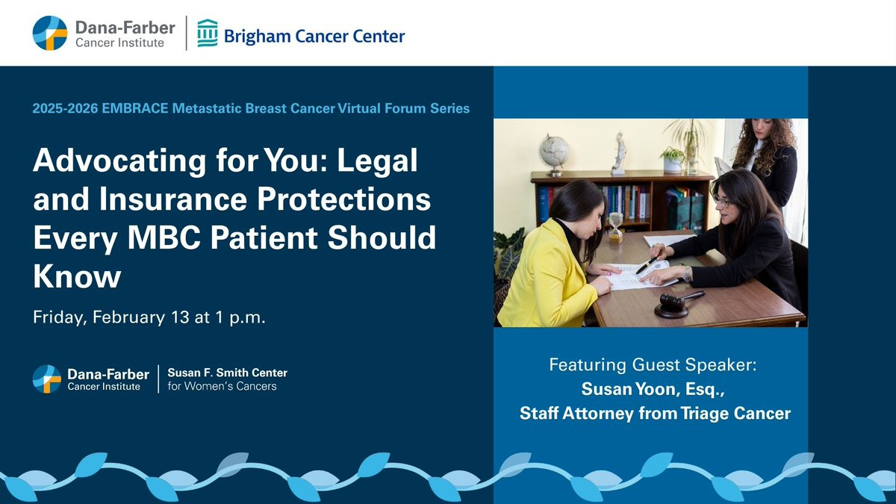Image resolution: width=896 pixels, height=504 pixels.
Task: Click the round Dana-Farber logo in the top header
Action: point(50,33)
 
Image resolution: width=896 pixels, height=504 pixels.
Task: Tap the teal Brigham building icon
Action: point(208,33)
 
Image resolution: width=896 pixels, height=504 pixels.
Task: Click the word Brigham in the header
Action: point(257,37)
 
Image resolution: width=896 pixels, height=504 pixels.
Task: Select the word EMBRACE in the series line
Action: point(135,108)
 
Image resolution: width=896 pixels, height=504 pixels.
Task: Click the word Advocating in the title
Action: point(120,161)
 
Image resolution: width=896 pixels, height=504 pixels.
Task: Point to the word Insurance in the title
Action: point(172,199)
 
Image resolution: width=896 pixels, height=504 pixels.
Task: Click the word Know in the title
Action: point(77,276)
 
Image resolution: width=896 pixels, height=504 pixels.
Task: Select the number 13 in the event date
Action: point(180,317)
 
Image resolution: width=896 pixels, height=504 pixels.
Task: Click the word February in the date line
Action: point(128,317)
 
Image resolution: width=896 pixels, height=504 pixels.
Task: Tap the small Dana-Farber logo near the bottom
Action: point(47,379)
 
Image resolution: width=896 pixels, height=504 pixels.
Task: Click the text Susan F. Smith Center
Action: point(227,373)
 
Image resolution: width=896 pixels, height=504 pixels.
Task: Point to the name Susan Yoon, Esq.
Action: point(653,389)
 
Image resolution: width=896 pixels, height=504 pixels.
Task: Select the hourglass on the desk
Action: point(615,228)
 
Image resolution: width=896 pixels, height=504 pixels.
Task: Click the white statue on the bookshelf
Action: point(619,154)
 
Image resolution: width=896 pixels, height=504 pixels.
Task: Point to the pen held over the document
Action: point(647,265)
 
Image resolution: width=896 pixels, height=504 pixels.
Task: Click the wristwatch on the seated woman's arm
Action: point(687,274)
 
